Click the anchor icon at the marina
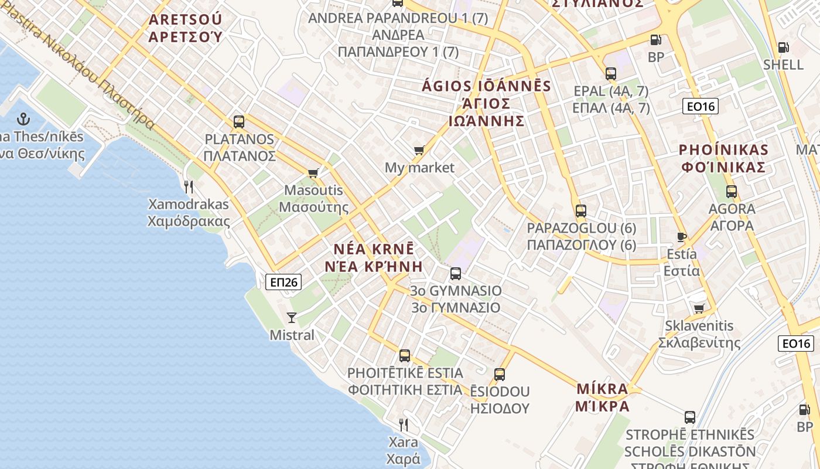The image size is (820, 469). point(23,120)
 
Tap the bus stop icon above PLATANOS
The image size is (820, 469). point(239,122)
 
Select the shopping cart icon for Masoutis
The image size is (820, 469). point(313,173)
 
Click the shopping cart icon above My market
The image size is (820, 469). point(419,151)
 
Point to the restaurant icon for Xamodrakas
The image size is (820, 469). point(189,187)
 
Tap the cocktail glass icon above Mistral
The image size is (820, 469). point(292,318)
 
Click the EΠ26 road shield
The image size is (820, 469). point(283,282)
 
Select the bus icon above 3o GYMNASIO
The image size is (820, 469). point(456,273)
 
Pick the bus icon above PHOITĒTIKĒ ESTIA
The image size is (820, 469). point(405,355)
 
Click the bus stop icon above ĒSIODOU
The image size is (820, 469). point(500,374)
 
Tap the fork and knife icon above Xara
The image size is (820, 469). point(404,424)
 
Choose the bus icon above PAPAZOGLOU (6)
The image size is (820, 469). point(581,210)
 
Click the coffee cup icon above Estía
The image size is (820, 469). point(681,237)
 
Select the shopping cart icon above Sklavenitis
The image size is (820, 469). point(699,308)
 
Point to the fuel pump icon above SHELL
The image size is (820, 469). point(783,47)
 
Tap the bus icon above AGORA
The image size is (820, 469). point(732,191)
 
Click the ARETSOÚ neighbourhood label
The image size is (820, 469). point(185,19)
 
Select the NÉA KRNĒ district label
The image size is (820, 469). point(370,249)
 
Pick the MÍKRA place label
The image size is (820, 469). point(602,389)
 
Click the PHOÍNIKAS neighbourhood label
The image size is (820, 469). point(723,149)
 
